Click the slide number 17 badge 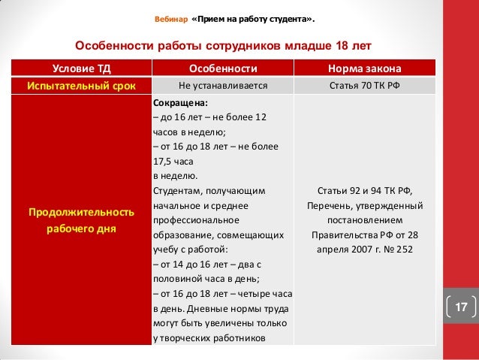(459, 307)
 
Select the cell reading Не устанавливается (222, 86)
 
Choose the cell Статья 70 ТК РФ (364, 86)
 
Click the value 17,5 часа (177, 160)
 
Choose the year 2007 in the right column (363, 249)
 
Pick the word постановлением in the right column (364, 220)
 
